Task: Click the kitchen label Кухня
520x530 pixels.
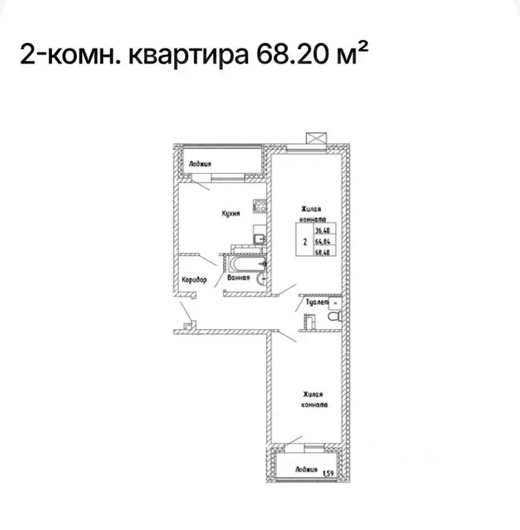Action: [x=231, y=214]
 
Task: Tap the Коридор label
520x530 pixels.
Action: [x=195, y=280]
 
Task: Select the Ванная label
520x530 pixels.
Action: [x=237, y=278]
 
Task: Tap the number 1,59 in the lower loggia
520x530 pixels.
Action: [x=329, y=473]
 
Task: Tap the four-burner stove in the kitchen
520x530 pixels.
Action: [x=260, y=205]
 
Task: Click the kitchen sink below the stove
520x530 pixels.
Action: [x=258, y=239]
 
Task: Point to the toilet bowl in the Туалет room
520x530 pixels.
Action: [x=334, y=316]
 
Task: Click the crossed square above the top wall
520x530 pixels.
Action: [x=316, y=138]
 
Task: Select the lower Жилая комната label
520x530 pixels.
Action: [x=314, y=399]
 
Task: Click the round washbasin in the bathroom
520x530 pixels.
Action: [x=260, y=279]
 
